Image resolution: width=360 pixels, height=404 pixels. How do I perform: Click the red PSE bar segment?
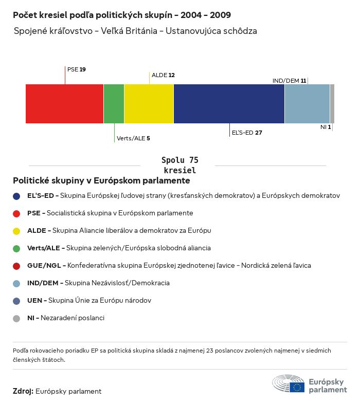[64, 104]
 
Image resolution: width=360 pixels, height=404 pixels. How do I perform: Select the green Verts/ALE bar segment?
[114, 104]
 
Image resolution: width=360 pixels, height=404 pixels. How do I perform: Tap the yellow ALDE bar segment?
[149, 104]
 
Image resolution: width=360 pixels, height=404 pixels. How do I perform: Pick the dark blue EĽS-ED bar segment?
[229, 104]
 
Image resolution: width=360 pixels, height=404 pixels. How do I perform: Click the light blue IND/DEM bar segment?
[307, 104]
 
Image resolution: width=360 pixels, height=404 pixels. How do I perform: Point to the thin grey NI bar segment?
[332, 104]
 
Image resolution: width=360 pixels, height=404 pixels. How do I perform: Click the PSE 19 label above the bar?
[77, 69]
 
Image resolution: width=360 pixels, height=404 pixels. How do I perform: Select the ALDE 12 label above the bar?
[163, 75]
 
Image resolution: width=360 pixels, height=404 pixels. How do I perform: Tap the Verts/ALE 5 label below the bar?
[133, 138]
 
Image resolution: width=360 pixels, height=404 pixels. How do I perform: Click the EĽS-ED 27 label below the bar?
[247, 133]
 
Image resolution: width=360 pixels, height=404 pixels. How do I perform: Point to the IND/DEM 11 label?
[289, 81]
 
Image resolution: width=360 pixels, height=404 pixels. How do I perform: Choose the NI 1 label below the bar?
[326, 127]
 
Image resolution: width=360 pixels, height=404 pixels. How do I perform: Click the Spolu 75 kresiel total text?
[179, 165]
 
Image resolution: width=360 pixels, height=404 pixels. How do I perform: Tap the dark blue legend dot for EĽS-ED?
[17, 196]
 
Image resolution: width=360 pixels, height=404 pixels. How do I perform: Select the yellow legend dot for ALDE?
[17, 231]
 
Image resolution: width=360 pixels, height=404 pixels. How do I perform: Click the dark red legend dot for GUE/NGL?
[17, 266]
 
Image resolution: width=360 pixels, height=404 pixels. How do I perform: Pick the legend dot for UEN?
[17, 301]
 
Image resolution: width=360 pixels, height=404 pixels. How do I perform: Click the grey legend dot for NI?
[17, 318]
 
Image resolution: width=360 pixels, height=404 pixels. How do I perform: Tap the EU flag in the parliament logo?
[297, 387]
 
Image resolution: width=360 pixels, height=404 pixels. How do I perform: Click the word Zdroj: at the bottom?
[23, 392]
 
